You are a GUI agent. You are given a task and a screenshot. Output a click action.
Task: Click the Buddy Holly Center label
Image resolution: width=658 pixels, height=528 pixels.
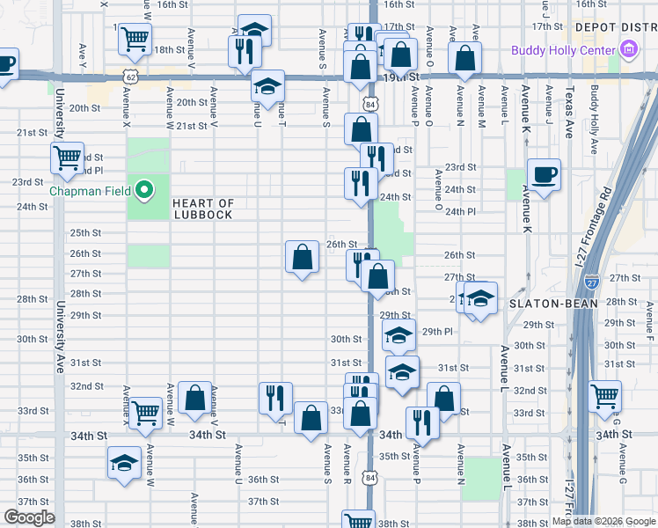click(x=563, y=50)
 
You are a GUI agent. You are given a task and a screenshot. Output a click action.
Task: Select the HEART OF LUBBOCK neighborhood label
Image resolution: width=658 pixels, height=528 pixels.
click(x=203, y=209)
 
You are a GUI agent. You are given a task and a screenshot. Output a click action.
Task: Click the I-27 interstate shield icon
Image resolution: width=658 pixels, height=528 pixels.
click(x=592, y=282)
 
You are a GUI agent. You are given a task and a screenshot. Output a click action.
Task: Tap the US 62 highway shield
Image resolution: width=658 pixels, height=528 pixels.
click(x=130, y=77)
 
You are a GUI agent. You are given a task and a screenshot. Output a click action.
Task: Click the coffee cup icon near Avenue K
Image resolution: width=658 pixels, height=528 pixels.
click(x=543, y=173)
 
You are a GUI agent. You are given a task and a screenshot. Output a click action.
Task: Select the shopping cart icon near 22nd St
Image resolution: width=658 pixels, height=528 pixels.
click(x=67, y=158)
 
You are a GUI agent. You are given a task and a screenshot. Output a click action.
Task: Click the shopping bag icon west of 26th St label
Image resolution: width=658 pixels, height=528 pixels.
click(x=302, y=257)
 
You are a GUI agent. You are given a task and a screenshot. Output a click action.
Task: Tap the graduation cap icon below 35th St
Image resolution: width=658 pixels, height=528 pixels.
click(x=124, y=462)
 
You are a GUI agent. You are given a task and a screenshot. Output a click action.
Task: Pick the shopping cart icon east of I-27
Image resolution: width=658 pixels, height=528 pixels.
click(x=604, y=396)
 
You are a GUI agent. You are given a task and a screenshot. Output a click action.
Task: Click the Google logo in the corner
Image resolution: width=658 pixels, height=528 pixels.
click(x=29, y=517)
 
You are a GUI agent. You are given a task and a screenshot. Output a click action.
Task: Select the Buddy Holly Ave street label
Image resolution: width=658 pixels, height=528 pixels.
click(x=595, y=110)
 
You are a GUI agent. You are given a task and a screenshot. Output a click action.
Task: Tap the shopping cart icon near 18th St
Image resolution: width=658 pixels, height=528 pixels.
click(x=135, y=38)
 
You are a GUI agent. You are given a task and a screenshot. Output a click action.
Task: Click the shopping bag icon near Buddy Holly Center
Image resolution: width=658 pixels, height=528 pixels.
click(x=465, y=58)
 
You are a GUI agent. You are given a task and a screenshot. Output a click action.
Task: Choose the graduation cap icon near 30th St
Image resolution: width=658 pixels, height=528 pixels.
click(x=399, y=334)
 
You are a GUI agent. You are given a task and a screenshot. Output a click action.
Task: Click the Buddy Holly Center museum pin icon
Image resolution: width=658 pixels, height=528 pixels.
click(x=627, y=51)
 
